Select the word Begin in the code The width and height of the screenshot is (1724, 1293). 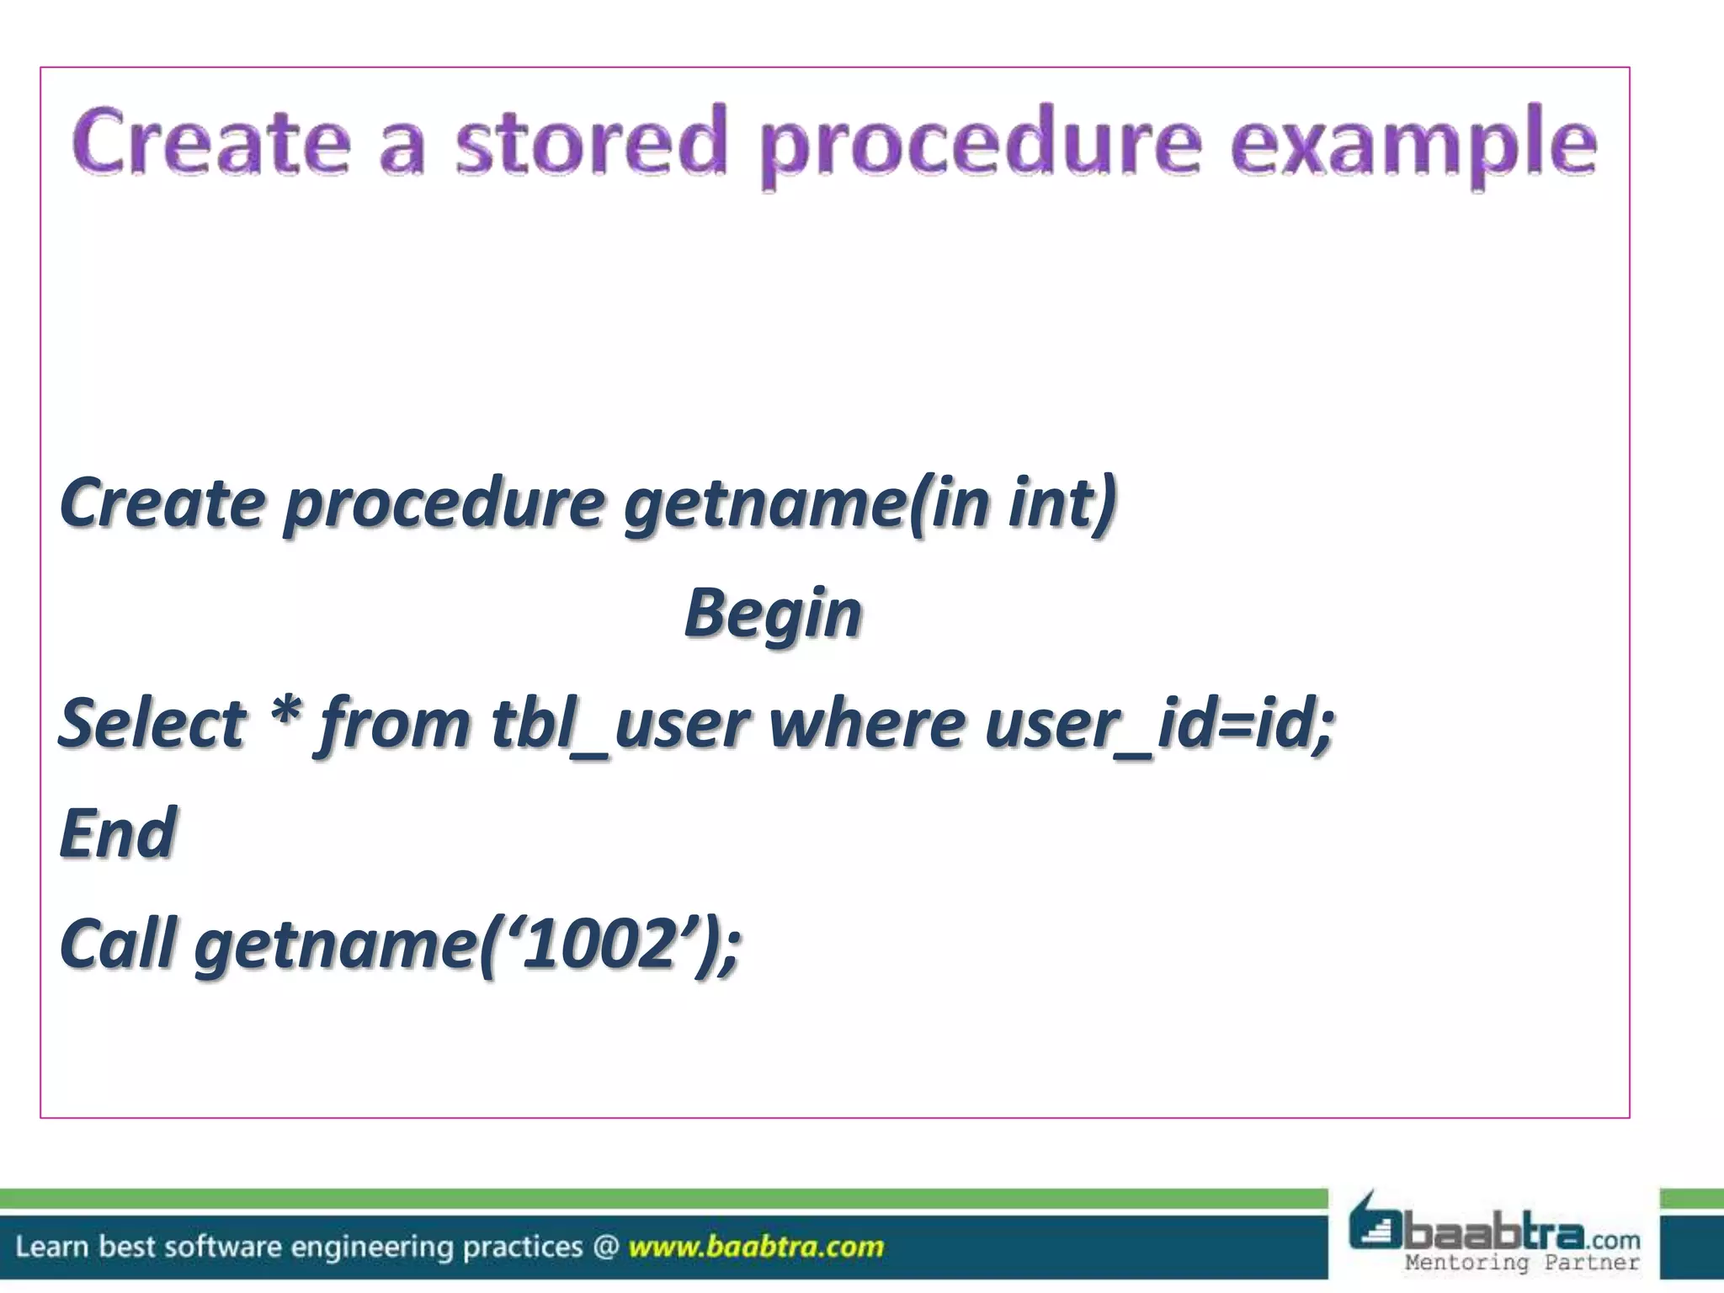[x=773, y=614]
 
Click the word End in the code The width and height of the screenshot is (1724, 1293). [x=117, y=833]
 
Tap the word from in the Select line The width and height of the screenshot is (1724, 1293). [x=393, y=724]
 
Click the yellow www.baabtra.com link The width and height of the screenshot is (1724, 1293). [x=756, y=1246]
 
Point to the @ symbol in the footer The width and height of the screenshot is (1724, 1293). [x=605, y=1246]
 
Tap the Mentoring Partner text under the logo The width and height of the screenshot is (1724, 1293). [x=1522, y=1262]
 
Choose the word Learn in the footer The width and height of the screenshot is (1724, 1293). [x=51, y=1246]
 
